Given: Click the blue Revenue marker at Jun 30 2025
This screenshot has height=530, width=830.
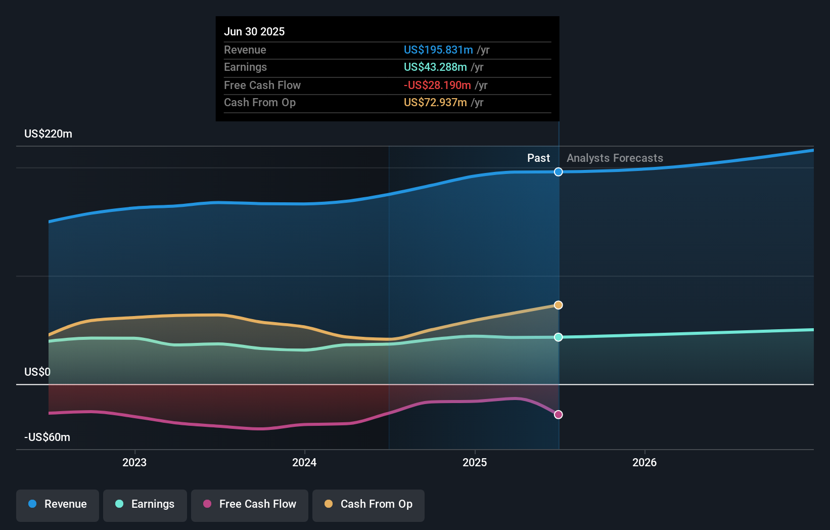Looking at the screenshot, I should [x=558, y=172].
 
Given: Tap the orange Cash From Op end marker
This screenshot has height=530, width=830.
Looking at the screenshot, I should [x=558, y=305].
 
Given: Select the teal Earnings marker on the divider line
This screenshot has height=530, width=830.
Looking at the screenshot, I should [x=558, y=337].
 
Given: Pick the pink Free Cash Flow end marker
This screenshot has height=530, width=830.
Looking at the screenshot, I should [x=558, y=415].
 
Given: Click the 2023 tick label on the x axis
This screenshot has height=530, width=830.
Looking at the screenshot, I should [x=134, y=462].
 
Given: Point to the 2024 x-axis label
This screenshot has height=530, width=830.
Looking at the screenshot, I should [x=304, y=462].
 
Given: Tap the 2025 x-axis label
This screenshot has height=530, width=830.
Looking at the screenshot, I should [x=475, y=462].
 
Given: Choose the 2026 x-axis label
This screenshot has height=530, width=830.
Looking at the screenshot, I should [x=644, y=462].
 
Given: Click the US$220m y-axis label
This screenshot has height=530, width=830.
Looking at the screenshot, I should [x=48, y=134].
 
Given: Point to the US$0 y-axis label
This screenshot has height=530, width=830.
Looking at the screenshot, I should [x=37, y=372].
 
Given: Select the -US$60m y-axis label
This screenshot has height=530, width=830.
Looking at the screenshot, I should [x=47, y=437].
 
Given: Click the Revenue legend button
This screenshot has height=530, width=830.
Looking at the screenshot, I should [x=58, y=504].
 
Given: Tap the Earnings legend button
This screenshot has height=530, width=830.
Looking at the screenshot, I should [x=145, y=504].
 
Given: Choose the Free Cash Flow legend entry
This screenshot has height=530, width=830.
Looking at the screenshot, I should [x=250, y=504].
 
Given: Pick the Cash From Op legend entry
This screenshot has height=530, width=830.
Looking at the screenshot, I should [x=368, y=504].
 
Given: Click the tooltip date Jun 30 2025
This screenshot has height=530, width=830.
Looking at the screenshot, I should [x=254, y=31].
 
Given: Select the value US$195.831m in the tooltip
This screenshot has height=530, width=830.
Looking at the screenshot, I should [x=438, y=50].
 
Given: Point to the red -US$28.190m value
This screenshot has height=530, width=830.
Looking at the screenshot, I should [x=437, y=85].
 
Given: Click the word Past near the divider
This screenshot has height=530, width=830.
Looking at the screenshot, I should [x=538, y=158].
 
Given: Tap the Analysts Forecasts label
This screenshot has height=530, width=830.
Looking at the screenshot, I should [x=615, y=158].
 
